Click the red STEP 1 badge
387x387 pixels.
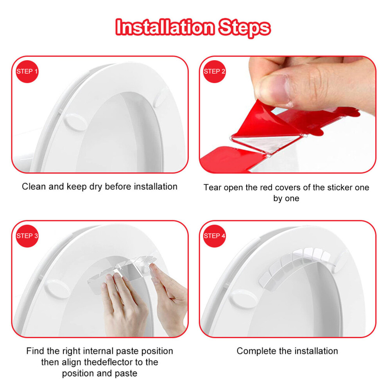click(27, 72)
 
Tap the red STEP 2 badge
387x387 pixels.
click(215, 72)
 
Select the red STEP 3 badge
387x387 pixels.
click(27, 236)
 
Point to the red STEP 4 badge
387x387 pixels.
click(215, 236)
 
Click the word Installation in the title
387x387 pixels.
click(165, 27)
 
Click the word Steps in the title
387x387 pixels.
click(245, 28)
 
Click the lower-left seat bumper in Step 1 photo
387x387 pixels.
click(75, 122)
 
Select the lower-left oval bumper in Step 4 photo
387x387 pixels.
click(243, 299)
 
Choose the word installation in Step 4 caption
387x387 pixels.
click(316, 351)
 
